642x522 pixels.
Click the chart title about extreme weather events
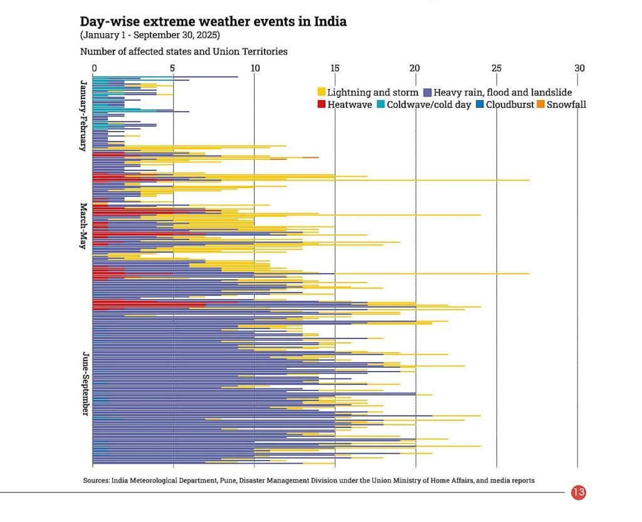click(x=213, y=21)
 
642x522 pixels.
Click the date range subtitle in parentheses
click(x=150, y=35)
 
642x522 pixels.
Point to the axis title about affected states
click(x=184, y=51)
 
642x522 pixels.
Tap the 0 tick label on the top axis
click(x=94, y=68)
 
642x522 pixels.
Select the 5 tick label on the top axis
click(x=173, y=68)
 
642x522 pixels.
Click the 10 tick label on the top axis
click(x=254, y=68)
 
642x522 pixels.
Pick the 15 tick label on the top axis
click(x=335, y=68)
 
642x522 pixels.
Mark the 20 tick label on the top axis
click(x=415, y=68)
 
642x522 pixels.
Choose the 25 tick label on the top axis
click(x=496, y=68)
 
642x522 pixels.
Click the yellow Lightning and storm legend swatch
click(x=322, y=93)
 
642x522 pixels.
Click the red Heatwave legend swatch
click(x=322, y=105)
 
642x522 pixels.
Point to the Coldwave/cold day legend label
click(x=429, y=105)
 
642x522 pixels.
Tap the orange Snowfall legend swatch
click(x=541, y=105)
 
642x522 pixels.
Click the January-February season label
click(x=83, y=115)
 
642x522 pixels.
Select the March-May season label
click(x=83, y=226)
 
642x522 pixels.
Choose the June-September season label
click(x=83, y=383)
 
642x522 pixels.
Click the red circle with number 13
click(x=578, y=493)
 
